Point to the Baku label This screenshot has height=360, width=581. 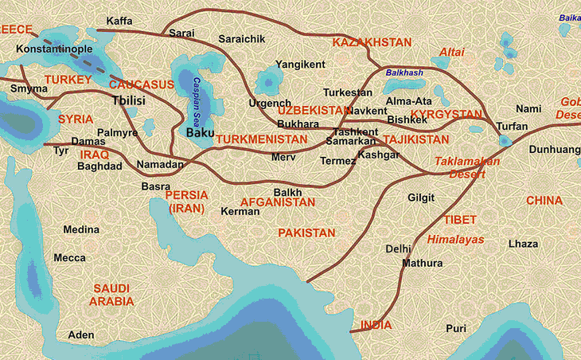pos(200,133)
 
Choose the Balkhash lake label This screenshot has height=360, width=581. pos(404,72)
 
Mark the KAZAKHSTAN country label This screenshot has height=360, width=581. pos(372,41)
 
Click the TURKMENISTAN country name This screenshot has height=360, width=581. pos(261,139)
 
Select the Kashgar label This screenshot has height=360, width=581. pos(379,155)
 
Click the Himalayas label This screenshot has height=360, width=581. pos(455,239)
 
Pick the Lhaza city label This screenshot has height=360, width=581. pos(524,244)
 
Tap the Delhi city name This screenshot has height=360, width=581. pos(398,248)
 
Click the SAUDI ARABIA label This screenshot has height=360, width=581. pos(111,295)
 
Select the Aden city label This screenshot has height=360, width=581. pos(81,335)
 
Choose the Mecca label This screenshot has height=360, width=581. pos(69,258)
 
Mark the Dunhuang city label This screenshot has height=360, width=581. pos(553,149)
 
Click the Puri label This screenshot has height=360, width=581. pos(456,328)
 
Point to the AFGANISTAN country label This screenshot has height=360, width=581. pos(278,202)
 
